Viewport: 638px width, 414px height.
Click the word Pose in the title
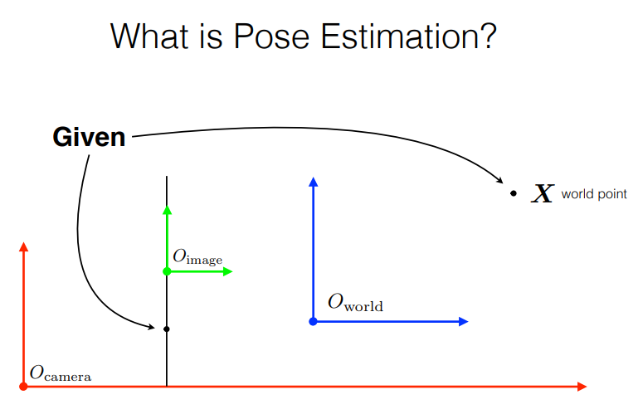click(x=271, y=37)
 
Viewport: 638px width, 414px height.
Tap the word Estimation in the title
click(x=408, y=37)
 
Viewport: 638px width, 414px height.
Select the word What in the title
click(x=149, y=37)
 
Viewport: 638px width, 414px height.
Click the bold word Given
click(x=89, y=137)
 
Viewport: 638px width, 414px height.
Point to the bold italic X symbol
click(x=543, y=193)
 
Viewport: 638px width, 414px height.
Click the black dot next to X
click(x=514, y=193)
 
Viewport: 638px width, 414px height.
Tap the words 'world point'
click(x=594, y=194)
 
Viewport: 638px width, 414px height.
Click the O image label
click(x=197, y=258)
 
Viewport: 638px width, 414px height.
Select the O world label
click(x=355, y=303)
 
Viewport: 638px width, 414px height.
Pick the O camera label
click(x=61, y=373)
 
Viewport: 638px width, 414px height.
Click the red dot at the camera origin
click(x=23, y=387)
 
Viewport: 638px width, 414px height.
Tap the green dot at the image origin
click(x=167, y=271)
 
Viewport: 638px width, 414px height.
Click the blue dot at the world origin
click(x=313, y=322)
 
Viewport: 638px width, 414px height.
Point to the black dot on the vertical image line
click(x=167, y=329)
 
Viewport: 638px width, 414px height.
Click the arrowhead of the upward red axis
click(x=23, y=246)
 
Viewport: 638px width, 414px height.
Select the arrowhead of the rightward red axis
click(x=582, y=387)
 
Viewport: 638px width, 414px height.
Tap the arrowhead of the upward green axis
click(x=167, y=210)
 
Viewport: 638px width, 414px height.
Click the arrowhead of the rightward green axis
click(x=228, y=271)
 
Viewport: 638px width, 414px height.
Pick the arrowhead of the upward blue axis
click(x=313, y=182)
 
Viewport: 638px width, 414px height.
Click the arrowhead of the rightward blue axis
click(x=464, y=322)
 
